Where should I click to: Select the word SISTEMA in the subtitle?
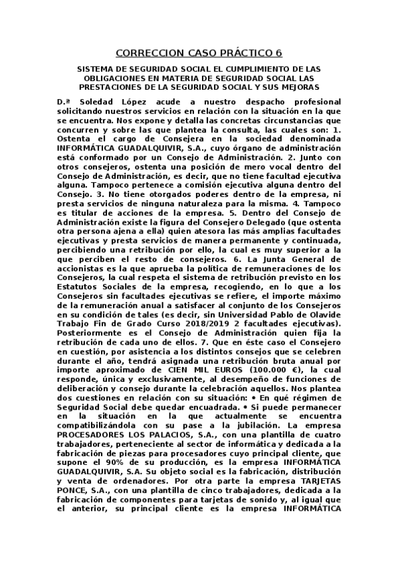pyautogui.click(x=96, y=69)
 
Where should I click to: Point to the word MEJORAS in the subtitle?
pyautogui.click(x=302, y=86)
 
